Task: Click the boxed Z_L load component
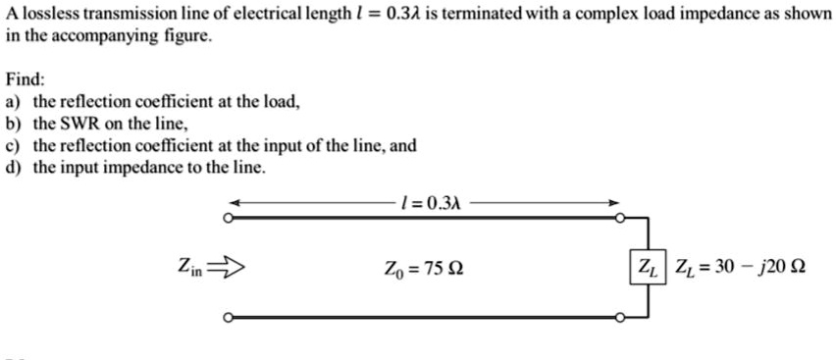coord(649,266)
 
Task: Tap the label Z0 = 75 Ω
coord(423,267)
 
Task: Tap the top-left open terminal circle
coord(229,221)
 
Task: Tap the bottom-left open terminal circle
coord(229,318)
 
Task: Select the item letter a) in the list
coord(13,101)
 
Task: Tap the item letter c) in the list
coord(13,145)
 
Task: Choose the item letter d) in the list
coord(13,167)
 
